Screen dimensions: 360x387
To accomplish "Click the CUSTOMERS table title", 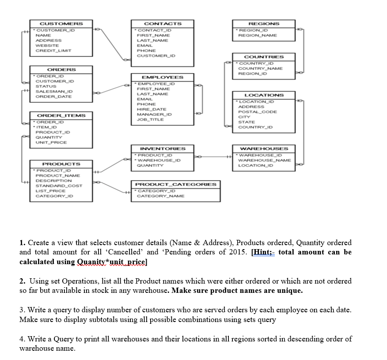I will (x=61, y=23).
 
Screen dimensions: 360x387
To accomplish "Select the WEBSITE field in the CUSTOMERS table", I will (x=46, y=45).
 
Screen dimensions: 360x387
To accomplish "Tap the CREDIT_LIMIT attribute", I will (x=53, y=51).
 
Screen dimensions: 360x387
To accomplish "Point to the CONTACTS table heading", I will (x=163, y=23).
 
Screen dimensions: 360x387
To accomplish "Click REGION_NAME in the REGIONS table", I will (x=257, y=35).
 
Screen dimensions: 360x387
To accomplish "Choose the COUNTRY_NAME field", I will (x=260, y=68).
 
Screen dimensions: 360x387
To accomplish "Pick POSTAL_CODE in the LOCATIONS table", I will (x=258, y=112).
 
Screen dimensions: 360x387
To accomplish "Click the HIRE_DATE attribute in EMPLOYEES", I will (x=152, y=109).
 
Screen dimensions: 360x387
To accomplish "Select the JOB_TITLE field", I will (x=150, y=119).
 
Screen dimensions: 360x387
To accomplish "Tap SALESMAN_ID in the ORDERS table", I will (x=54, y=91).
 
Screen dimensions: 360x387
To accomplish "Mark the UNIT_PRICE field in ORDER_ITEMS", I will (x=51, y=142).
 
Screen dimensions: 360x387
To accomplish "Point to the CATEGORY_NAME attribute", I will (x=161, y=196).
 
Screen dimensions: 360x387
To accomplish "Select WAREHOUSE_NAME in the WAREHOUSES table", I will (x=264, y=160).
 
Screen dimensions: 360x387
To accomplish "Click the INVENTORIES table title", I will (x=163, y=149).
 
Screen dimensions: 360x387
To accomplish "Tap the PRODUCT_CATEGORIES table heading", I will (x=175, y=184).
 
